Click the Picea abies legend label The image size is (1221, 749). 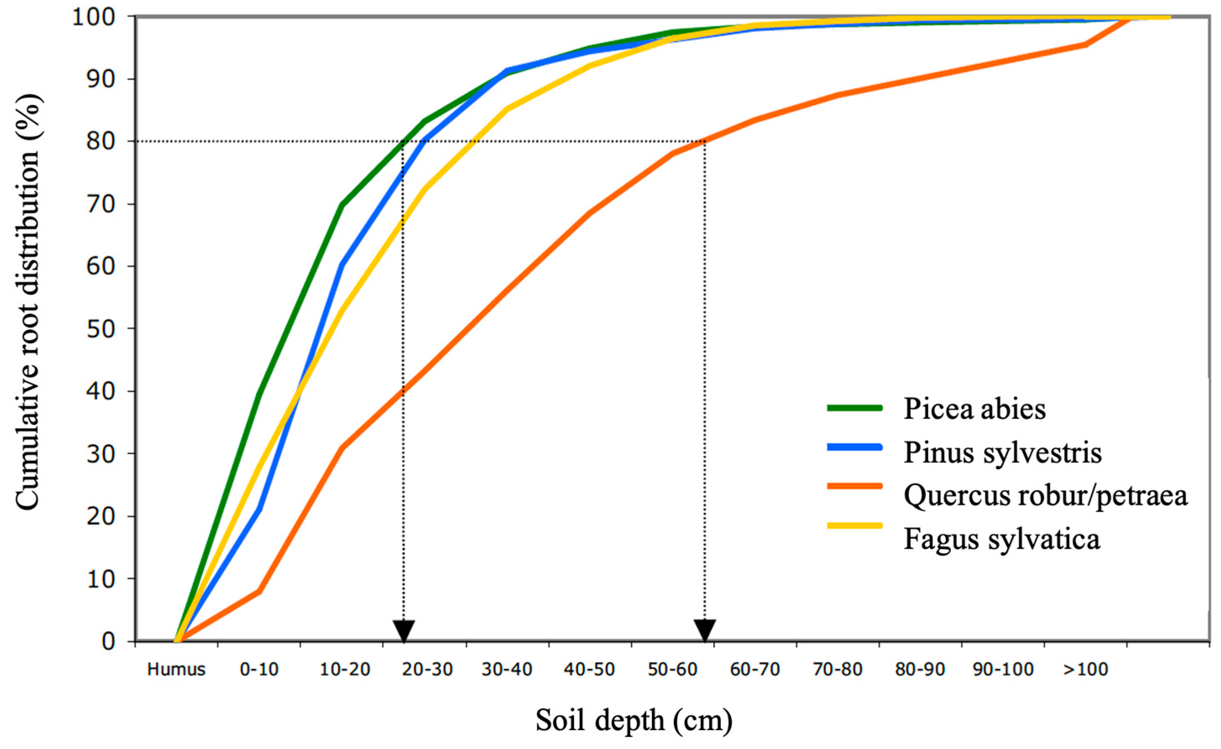974,410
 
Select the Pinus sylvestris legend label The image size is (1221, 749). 1002,453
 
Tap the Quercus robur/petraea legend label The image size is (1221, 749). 1046,495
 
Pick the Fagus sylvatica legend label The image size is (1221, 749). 1002,539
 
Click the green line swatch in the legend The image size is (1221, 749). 855,408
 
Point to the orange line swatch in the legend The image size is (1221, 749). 855,486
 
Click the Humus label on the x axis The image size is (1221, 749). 176,670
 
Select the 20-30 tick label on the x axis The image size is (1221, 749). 427,670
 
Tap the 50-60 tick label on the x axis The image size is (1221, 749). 673,670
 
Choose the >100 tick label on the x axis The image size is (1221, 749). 1085,670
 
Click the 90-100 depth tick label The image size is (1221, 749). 1003,670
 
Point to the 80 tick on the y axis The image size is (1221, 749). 101,142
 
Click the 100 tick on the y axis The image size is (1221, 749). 94,17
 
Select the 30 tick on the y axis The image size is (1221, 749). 101,454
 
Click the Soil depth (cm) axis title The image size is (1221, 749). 634,721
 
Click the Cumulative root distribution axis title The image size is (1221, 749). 28,302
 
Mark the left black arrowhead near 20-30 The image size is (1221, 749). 404,631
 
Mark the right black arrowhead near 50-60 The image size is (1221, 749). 704,631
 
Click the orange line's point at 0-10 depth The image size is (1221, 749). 259,591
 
